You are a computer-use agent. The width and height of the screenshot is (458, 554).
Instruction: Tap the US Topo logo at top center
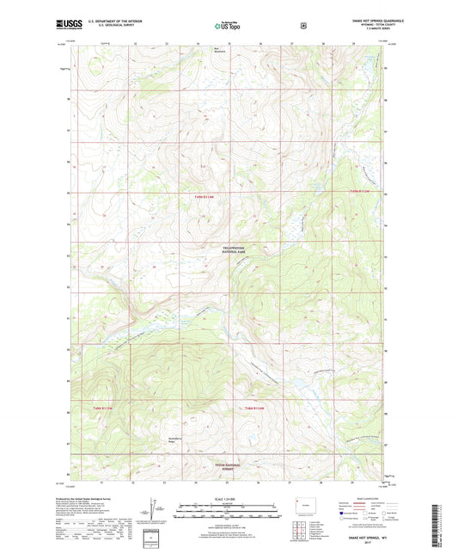point(228,26)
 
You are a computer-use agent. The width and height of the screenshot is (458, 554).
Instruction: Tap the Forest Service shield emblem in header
point(302,26)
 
